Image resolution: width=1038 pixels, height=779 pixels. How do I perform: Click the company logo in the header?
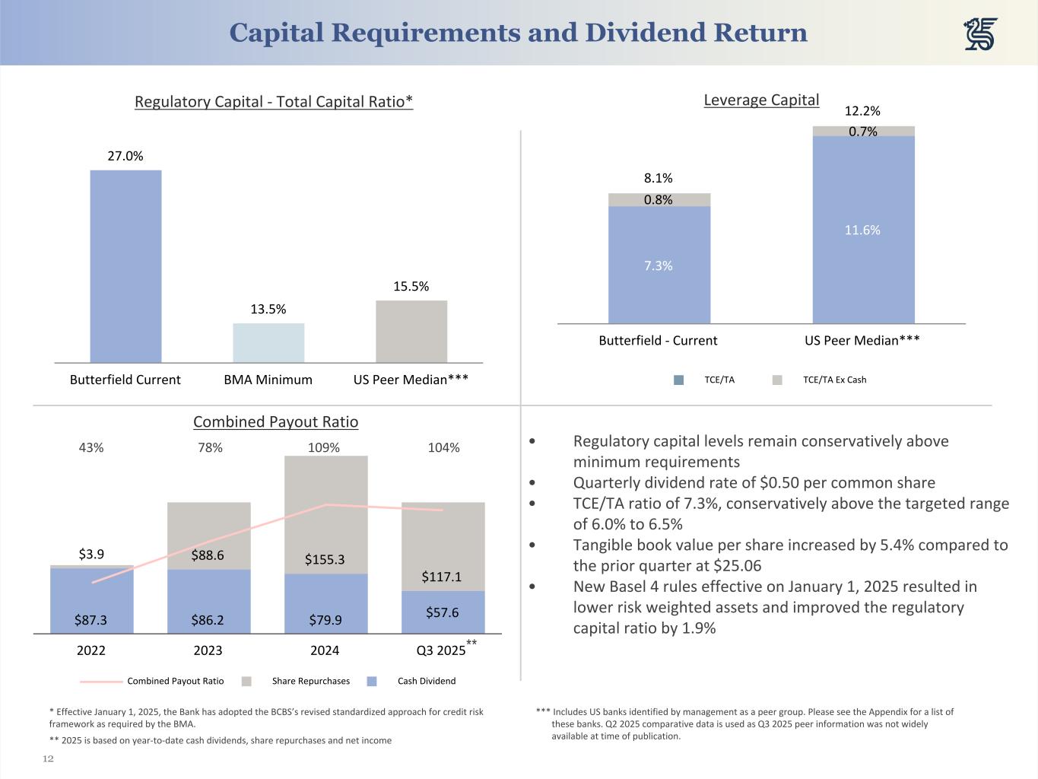(980, 34)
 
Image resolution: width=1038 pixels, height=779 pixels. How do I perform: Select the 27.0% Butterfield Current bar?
(125, 266)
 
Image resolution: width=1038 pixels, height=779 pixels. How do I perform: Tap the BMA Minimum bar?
(268, 343)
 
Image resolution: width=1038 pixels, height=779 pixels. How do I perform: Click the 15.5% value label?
(411, 287)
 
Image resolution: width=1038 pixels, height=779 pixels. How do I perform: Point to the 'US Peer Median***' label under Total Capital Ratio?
(411, 380)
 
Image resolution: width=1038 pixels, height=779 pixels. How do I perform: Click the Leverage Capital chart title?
(761, 100)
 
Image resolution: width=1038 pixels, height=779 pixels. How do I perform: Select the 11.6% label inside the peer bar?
(862, 230)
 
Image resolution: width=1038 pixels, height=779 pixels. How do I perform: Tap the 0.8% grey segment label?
(659, 200)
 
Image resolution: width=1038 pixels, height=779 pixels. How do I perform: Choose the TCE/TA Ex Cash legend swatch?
(777, 380)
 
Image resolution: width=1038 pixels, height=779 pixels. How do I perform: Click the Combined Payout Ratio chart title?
(275, 421)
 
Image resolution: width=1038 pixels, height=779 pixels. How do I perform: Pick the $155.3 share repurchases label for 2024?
(325, 559)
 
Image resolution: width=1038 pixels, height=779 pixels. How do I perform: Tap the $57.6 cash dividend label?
(442, 612)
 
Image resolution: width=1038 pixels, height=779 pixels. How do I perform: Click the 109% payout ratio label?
(324, 447)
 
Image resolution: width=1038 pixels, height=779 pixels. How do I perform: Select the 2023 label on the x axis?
(208, 650)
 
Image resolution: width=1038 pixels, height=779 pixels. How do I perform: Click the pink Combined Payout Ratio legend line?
(100, 682)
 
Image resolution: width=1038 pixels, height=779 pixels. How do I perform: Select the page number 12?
(48, 758)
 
